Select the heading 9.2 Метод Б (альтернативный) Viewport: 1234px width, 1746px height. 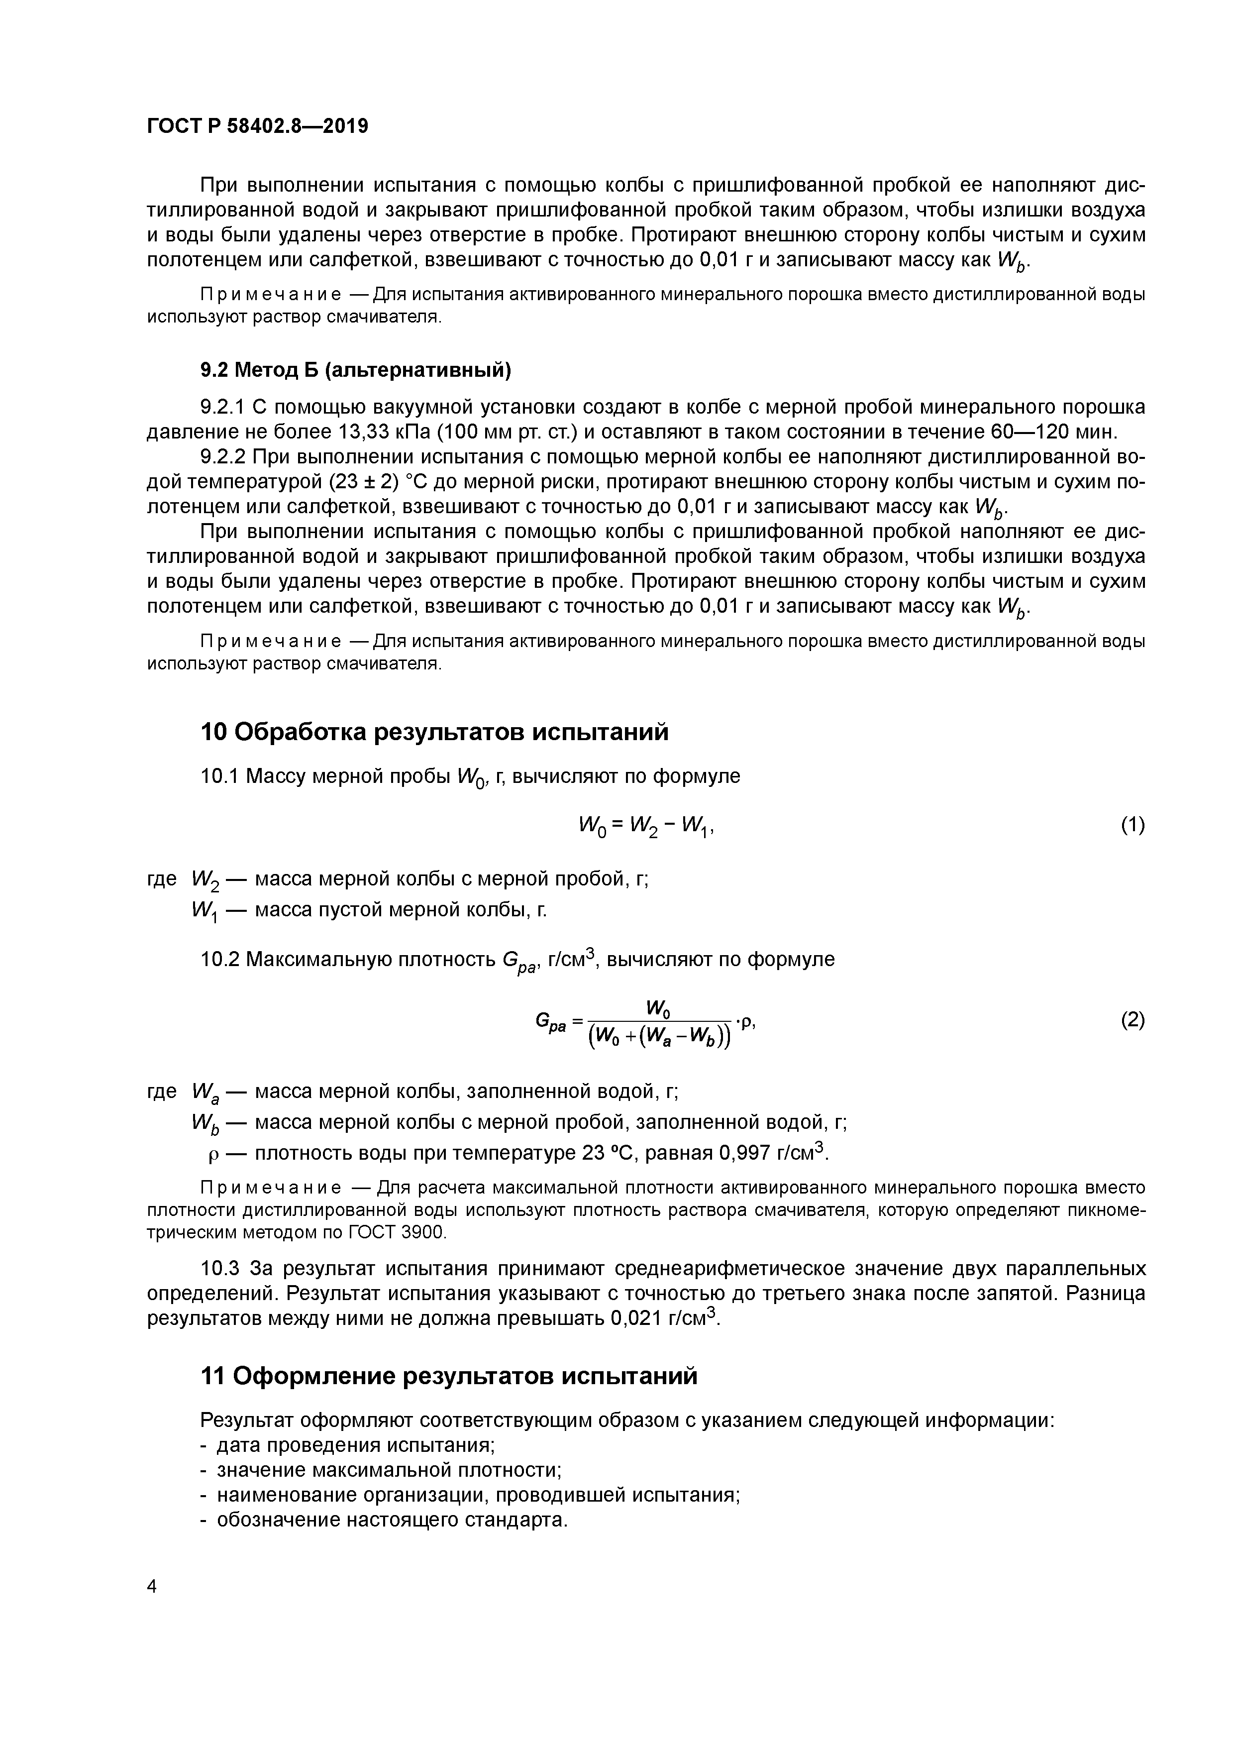356,370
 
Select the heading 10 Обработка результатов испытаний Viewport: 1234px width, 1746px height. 434,732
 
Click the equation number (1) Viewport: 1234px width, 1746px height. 1132,825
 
